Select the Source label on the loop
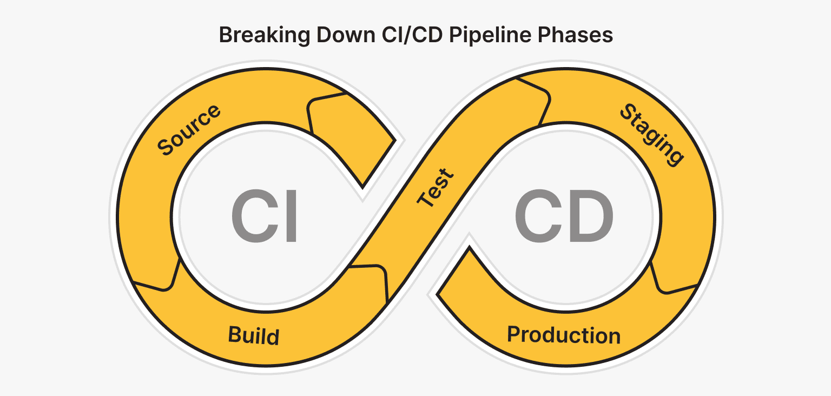point(189,129)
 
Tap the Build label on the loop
point(254,335)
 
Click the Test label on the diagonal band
point(436,188)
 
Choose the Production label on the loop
point(563,335)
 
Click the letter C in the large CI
point(251,217)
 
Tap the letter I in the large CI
point(289,217)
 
